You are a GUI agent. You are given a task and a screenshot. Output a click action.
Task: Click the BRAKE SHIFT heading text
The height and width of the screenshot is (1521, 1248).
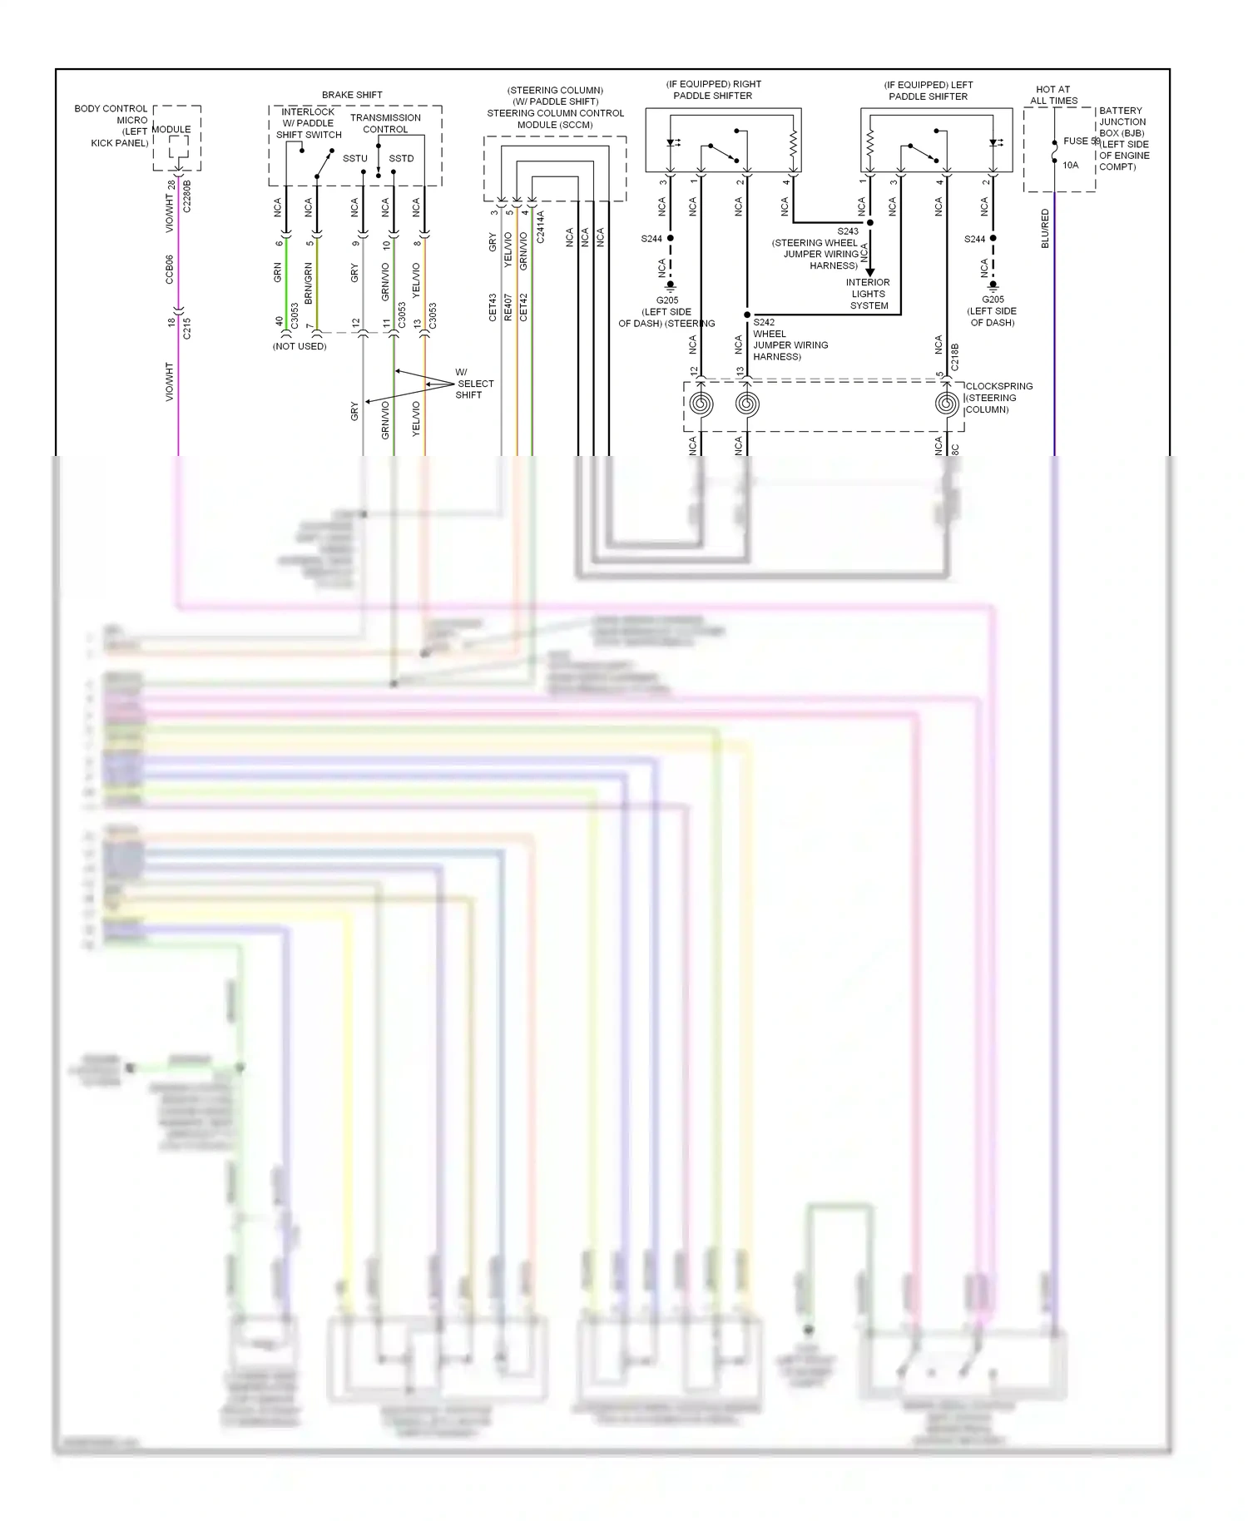click(352, 95)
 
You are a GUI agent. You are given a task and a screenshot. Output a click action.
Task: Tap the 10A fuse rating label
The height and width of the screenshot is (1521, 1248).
click(1070, 166)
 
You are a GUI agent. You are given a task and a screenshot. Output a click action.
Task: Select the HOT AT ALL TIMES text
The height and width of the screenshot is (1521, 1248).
click(1053, 95)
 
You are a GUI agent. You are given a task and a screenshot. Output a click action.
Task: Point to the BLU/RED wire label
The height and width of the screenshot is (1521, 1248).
click(1045, 228)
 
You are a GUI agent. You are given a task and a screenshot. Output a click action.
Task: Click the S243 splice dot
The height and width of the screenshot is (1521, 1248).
click(870, 223)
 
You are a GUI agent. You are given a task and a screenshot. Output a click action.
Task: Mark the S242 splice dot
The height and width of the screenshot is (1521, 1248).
click(747, 315)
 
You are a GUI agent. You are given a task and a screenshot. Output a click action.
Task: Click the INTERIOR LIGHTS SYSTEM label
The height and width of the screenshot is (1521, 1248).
click(869, 294)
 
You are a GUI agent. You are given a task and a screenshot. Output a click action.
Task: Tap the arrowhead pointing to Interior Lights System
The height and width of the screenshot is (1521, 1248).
click(870, 271)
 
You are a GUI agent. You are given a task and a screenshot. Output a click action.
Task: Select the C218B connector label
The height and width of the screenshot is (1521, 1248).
click(955, 357)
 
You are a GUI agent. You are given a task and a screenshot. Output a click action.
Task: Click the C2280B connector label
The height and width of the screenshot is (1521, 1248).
click(187, 196)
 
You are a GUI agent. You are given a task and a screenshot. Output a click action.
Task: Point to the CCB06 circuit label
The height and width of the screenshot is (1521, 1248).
click(170, 269)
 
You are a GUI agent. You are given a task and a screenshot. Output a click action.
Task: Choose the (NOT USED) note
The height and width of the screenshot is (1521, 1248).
click(300, 346)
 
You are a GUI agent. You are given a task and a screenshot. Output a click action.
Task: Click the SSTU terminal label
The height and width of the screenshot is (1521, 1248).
click(355, 158)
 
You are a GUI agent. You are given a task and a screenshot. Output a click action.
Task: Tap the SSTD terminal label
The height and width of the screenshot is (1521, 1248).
click(401, 158)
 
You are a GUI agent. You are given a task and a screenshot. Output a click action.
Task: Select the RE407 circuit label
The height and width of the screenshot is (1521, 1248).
click(508, 307)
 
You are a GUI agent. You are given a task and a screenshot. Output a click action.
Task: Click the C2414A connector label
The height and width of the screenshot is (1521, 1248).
click(540, 226)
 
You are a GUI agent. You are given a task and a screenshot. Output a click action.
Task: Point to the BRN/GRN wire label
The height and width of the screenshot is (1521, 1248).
click(309, 283)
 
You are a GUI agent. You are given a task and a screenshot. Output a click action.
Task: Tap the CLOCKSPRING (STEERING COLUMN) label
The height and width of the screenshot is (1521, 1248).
click(998, 398)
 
